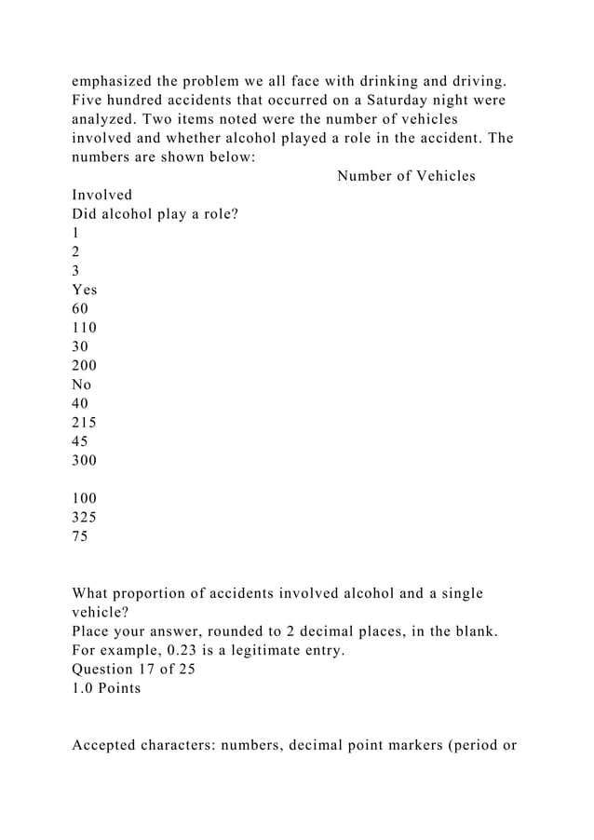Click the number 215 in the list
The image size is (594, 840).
[x=84, y=422]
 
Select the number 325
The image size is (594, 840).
[x=84, y=518]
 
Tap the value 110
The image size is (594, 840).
[x=84, y=327]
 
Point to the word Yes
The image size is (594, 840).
[x=85, y=290]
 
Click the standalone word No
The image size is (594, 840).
[x=82, y=384]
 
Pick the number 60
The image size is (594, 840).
[x=80, y=308]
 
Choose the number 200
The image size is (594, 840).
[x=84, y=364]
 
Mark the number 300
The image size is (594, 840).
[x=84, y=460]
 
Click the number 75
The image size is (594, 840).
[x=80, y=536]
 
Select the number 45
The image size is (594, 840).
[x=80, y=440]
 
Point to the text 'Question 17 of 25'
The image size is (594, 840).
[x=133, y=670]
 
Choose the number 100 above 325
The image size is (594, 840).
[x=84, y=498]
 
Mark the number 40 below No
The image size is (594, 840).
[x=80, y=402]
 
